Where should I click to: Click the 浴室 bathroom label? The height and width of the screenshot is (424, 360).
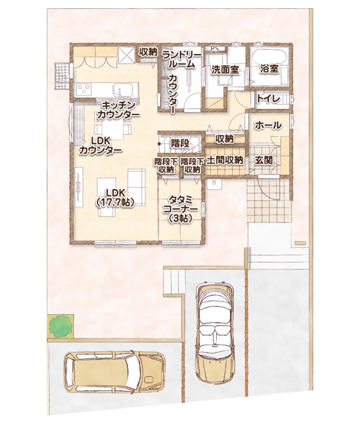pos(269,69)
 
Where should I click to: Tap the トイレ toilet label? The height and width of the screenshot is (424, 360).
pos(269,99)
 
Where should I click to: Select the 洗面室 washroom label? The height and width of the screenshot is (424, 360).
pos(225,70)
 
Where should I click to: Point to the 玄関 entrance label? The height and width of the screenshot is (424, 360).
pos(264,161)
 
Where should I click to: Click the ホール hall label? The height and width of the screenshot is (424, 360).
pos(268,125)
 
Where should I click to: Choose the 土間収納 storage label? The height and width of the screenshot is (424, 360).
pos(225,160)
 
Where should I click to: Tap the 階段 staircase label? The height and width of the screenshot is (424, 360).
pos(180,143)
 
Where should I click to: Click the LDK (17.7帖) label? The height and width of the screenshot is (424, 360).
pos(115,198)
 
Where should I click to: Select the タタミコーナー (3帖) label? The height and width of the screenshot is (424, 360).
pos(180,210)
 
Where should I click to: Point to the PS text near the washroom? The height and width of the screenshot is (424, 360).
pos(215,49)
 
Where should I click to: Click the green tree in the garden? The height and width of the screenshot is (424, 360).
pos(59,326)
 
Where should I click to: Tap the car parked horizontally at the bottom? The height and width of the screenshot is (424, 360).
pos(114,372)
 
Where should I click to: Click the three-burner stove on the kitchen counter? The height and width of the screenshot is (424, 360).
pos(84,89)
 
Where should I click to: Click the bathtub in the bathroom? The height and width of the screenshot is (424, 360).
pos(269,56)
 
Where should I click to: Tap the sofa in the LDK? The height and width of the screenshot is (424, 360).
pos(137,188)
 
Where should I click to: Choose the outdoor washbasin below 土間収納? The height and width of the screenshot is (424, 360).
pos(214,184)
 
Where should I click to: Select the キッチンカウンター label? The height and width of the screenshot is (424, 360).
pos(118,109)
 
